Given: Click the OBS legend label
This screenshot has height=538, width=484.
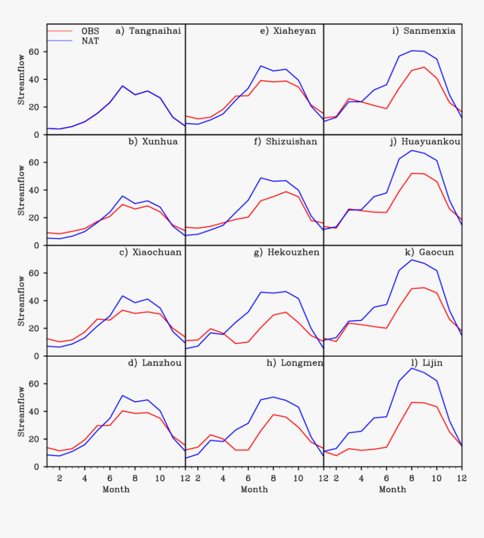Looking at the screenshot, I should pyautogui.click(x=90, y=31).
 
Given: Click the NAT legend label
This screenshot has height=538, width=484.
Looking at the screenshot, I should pyautogui.click(x=90, y=41).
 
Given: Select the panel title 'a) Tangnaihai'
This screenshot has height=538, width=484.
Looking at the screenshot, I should pyautogui.click(x=148, y=31).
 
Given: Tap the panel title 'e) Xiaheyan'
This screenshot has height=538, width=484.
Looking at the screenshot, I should pyautogui.click(x=288, y=31).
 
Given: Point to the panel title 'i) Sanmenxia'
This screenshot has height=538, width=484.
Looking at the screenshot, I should pyautogui.click(x=424, y=31).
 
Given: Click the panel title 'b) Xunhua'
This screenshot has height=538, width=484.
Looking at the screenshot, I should pyautogui.click(x=153, y=142).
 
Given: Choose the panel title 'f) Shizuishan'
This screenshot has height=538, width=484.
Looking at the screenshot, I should pyautogui.click(x=285, y=142).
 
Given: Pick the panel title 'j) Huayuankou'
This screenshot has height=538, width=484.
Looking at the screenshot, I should pyautogui.click(x=425, y=142).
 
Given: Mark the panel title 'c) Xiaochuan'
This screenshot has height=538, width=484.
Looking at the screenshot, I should pyautogui.click(x=150, y=252).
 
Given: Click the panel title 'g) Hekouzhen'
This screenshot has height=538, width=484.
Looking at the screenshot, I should pyautogui.click(x=286, y=252).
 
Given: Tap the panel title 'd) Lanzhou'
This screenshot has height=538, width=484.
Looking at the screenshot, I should pyautogui.click(x=155, y=363).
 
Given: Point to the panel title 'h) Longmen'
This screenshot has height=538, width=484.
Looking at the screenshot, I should pyautogui.click(x=294, y=363).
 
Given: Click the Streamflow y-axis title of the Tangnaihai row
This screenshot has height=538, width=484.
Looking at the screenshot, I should pyautogui.click(x=21, y=79).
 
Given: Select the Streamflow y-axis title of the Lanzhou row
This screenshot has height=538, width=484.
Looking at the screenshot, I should pyautogui.click(x=21, y=411).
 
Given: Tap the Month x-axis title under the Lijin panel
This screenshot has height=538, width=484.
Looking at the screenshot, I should pyautogui.click(x=392, y=490).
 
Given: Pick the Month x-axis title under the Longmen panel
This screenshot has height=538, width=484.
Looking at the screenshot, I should pyautogui.click(x=254, y=490).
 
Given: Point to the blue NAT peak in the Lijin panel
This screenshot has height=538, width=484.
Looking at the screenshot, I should pyautogui.click(x=412, y=368).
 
